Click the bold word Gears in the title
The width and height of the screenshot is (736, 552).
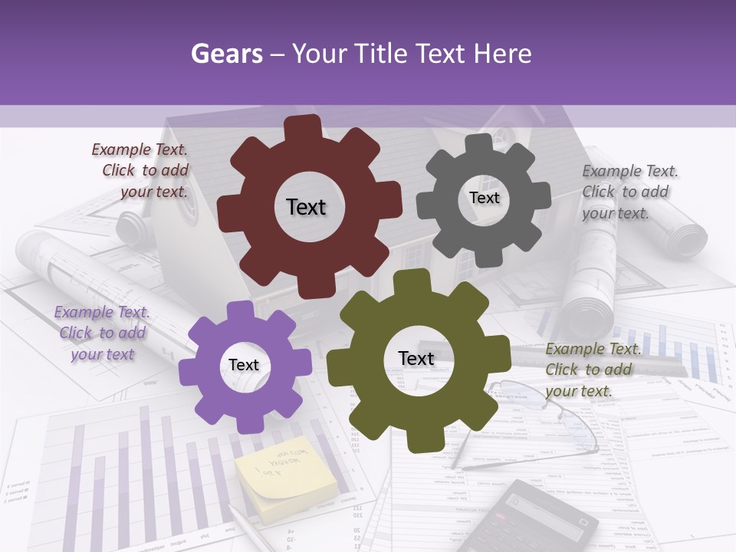pyautogui.click(x=226, y=54)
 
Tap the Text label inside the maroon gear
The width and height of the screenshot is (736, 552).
pyautogui.click(x=306, y=207)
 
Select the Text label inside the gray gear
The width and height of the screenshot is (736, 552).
pyautogui.click(x=484, y=198)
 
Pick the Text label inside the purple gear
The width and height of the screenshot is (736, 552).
pyautogui.click(x=244, y=365)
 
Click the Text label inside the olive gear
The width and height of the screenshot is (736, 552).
pyautogui.click(x=416, y=358)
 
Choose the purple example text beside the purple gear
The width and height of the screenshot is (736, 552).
pyautogui.click(x=102, y=333)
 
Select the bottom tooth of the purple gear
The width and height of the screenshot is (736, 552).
pyautogui.click(x=245, y=423)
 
